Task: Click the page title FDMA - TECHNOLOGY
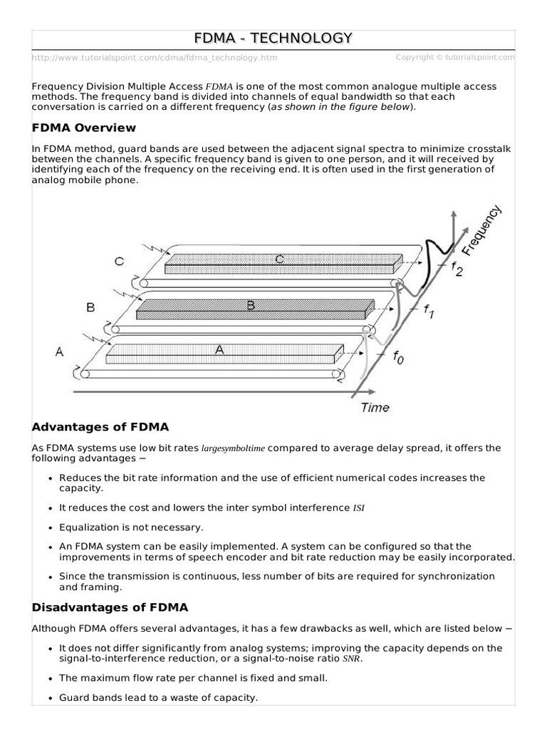273,38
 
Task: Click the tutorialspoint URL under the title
155,58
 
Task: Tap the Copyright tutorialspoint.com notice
455,57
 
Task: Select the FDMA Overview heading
84,128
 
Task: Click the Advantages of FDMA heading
100,427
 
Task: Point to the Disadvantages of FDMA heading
110,607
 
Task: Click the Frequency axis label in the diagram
482,230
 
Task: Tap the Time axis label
375,407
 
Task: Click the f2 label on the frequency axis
457,269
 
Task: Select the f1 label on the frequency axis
428,311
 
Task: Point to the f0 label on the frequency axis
399,357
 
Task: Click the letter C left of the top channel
120,261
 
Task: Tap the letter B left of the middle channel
90,307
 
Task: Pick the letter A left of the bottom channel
59,351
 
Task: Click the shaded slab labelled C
283,264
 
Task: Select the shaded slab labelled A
224,354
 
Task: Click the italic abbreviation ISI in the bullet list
359,508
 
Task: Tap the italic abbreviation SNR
351,659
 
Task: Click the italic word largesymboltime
233,448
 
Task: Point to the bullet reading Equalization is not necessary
131,528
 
